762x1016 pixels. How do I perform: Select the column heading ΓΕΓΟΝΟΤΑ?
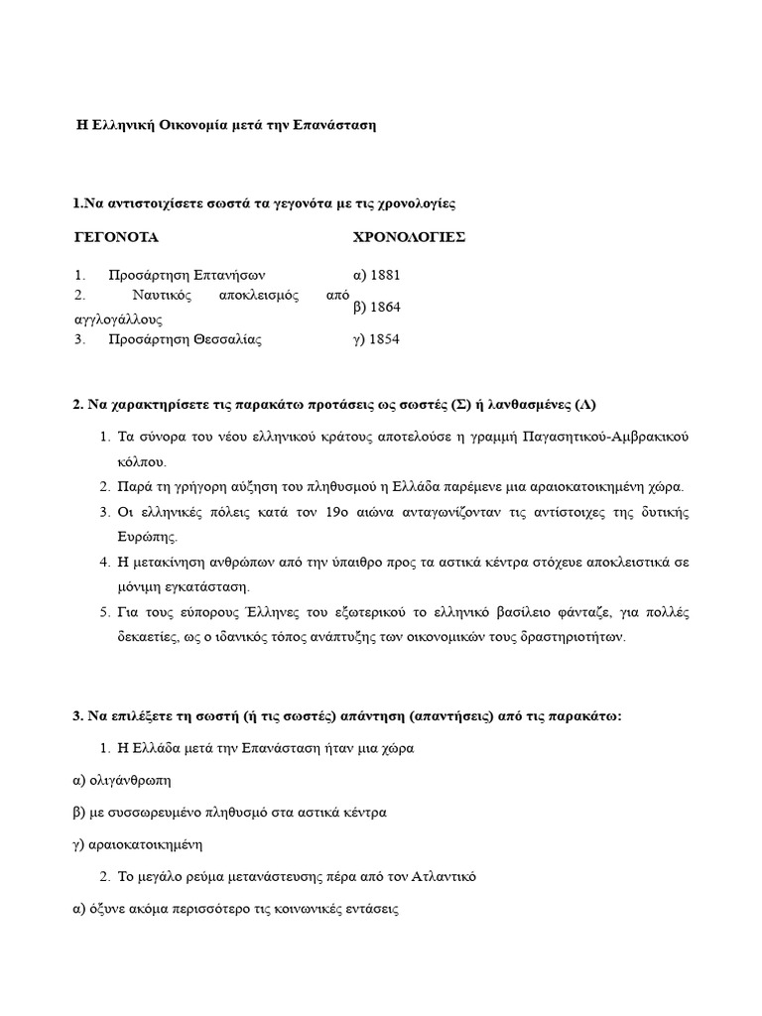[117, 238]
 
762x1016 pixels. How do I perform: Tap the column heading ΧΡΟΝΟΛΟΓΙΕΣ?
[410, 238]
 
